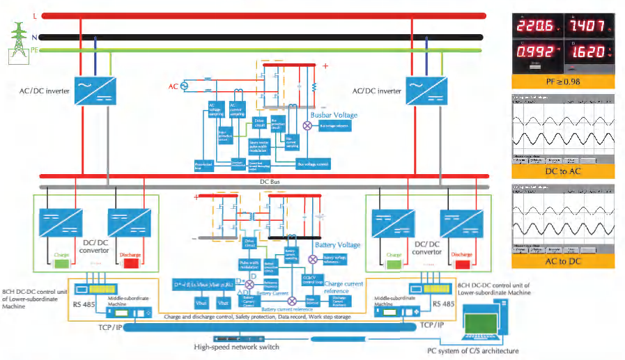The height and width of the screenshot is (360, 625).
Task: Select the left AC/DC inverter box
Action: [93, 88]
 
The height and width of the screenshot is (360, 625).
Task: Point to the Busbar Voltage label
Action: [334, 115]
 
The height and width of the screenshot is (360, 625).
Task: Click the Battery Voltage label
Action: [338, 245]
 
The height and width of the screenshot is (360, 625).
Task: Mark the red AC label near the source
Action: [173, 87]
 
